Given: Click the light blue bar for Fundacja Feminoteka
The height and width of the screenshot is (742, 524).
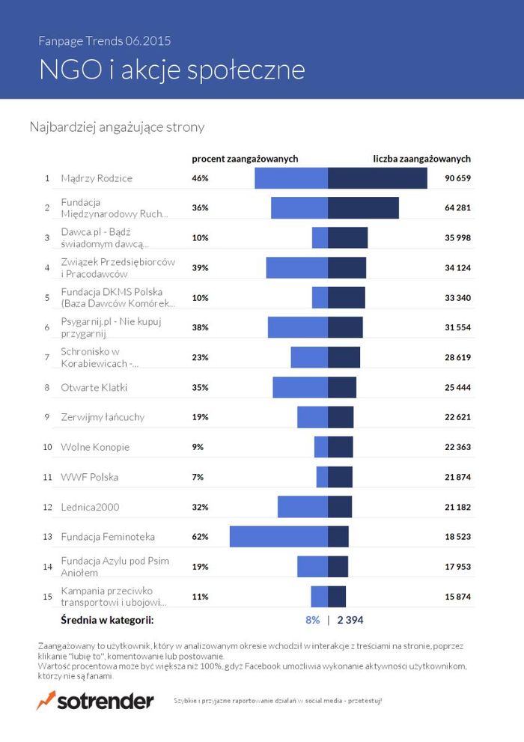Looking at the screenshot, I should [278, 537].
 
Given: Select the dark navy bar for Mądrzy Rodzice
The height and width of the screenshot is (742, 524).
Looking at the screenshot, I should [377, 178].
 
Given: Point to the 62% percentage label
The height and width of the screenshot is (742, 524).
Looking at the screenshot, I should [200, 537].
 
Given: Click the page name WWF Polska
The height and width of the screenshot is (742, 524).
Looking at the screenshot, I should [90, 477].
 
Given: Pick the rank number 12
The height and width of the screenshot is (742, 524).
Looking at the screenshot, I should [46, 507].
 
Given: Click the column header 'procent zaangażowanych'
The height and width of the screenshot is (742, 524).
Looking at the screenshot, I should [245, 159].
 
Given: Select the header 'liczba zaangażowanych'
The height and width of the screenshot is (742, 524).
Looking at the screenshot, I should [421, 159].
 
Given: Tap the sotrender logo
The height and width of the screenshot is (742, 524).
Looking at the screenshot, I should [95, 701].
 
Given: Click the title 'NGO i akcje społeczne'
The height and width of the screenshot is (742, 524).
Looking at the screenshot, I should [172, 70].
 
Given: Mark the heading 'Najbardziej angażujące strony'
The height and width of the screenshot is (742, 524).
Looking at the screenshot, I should [117, 127].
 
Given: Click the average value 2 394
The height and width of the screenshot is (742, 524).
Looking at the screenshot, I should [350, 620].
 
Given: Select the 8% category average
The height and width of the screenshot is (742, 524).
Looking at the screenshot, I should [312, 620].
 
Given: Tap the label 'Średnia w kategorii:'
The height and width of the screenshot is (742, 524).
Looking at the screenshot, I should [107, 620].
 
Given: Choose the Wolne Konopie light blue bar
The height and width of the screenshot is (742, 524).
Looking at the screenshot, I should [321, 447].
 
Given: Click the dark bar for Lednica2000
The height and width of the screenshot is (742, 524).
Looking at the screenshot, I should [340, 507].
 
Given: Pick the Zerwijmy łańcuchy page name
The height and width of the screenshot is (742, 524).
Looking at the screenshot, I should [103, 417].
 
